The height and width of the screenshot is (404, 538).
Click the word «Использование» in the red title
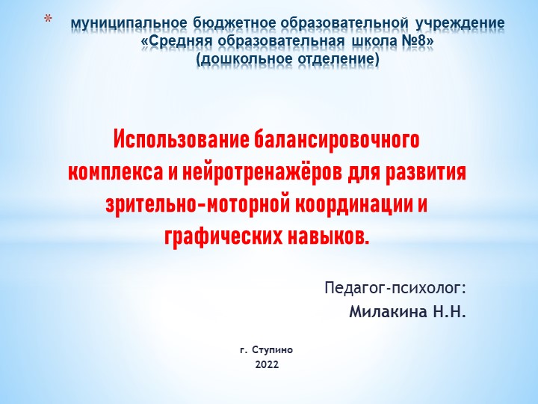point(178,140)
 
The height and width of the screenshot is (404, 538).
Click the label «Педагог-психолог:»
point(395,288)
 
